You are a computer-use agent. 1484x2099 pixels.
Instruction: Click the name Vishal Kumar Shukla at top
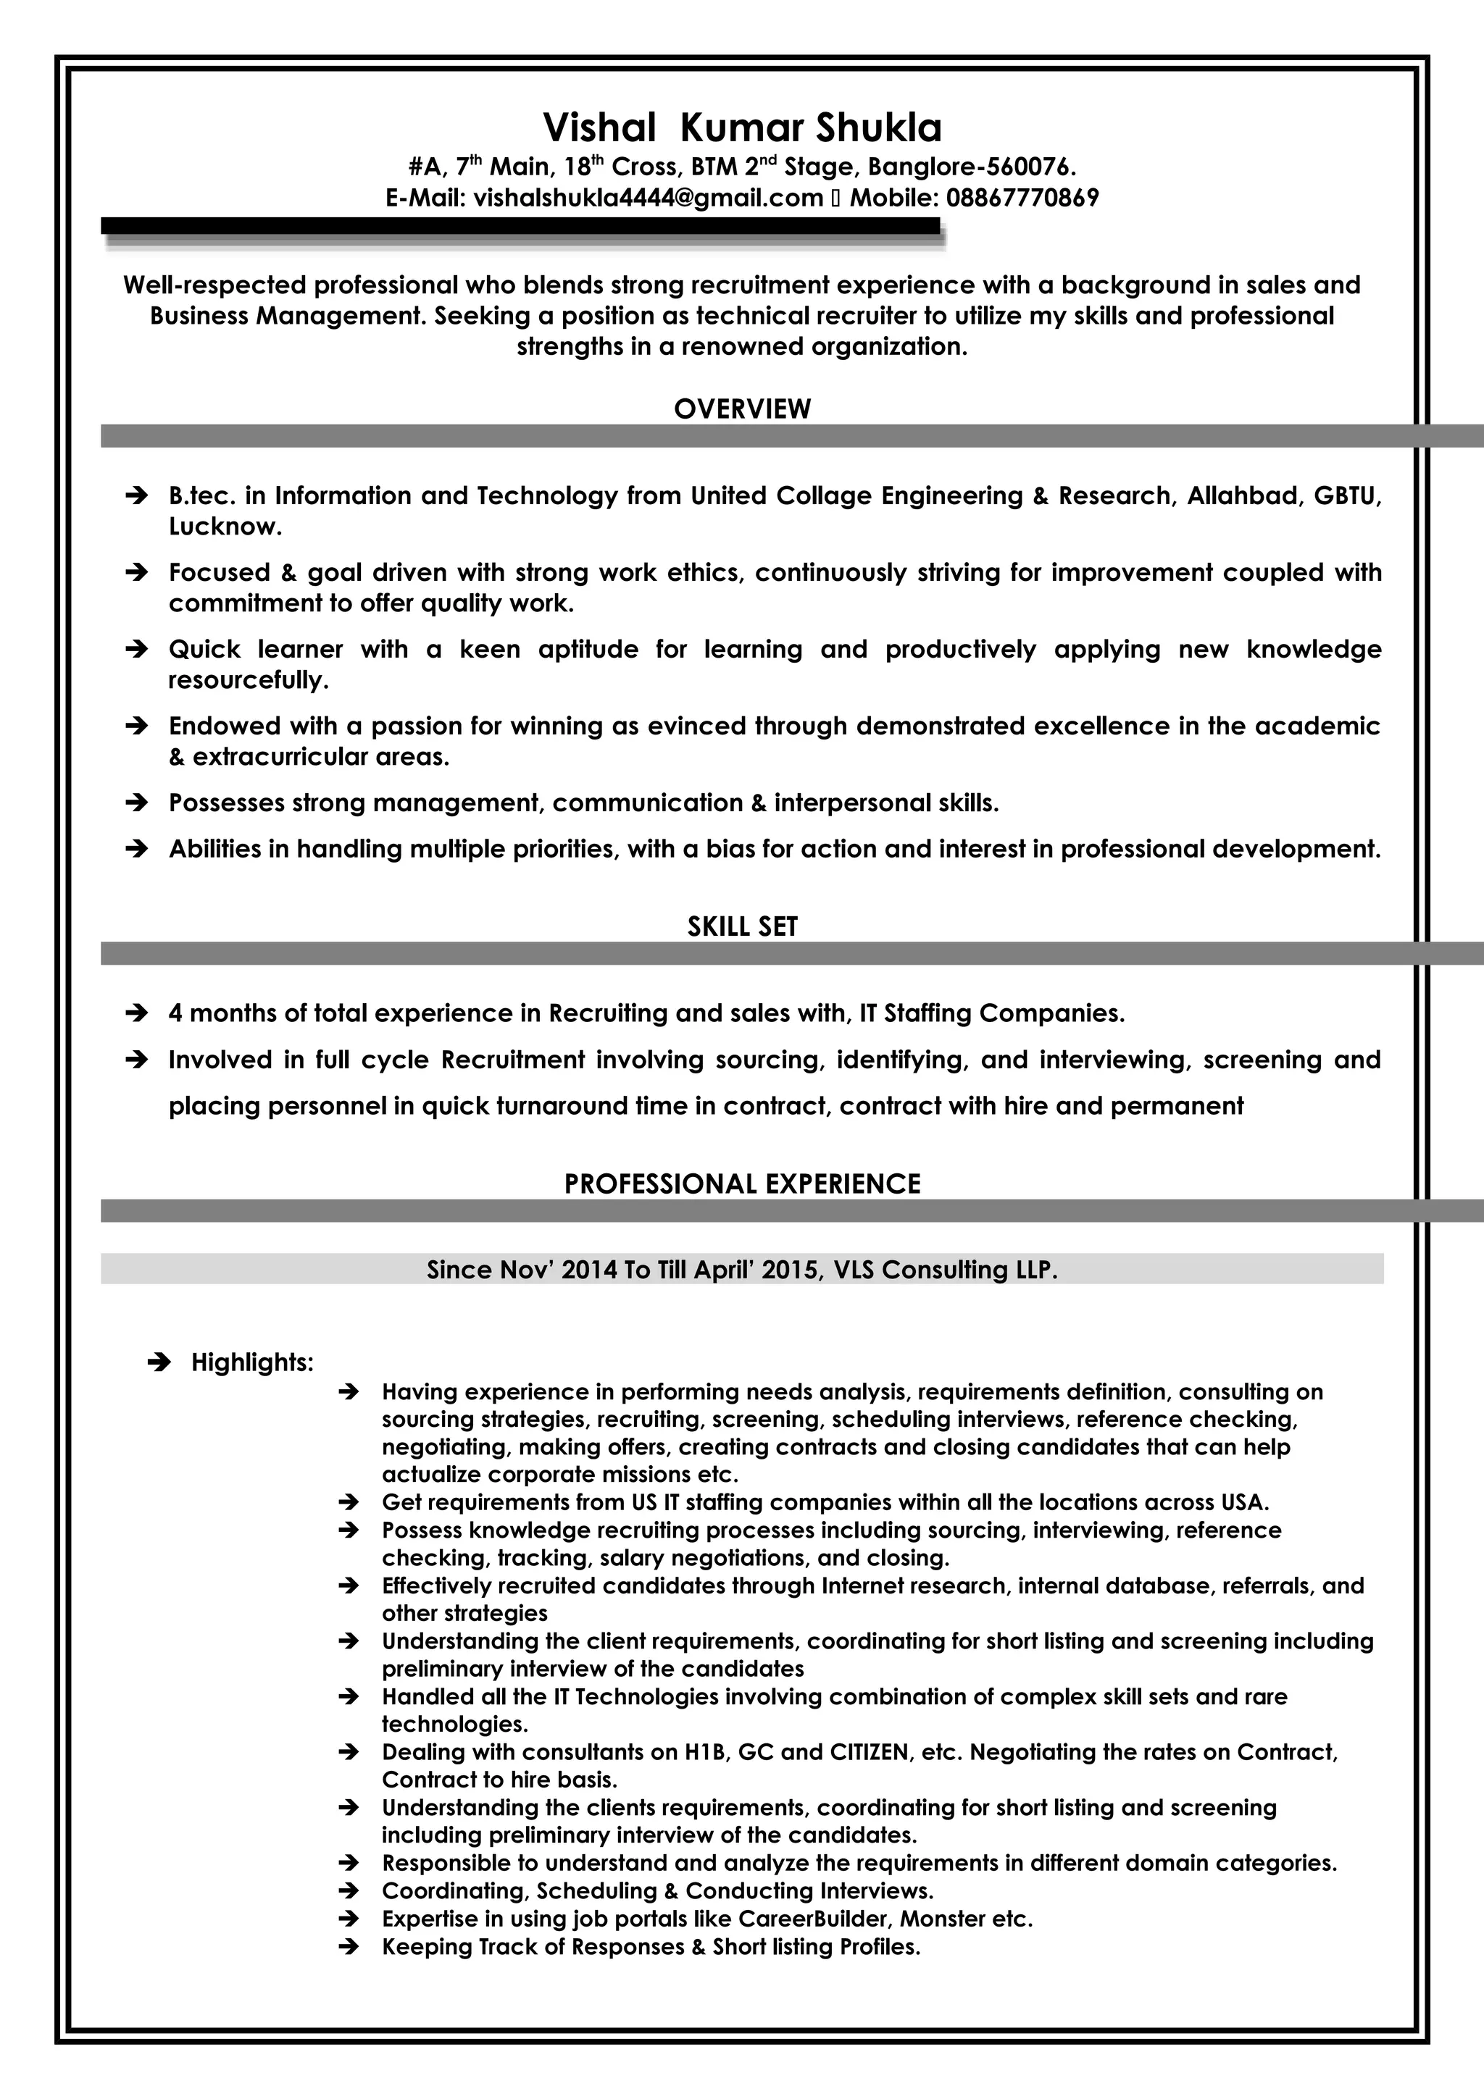tap(741, 128)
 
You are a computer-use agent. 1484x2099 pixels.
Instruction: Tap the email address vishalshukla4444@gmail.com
tap(649, 198)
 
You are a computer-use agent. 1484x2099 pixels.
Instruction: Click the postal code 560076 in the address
tap(1026, 167)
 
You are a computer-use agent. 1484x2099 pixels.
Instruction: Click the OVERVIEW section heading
tap(741, 409)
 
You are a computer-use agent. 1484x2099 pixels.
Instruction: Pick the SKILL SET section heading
tap(741, 926)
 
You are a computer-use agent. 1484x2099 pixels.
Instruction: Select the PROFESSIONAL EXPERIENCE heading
tap(741, 1184)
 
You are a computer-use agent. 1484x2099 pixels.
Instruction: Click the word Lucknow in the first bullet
tap(224, 527)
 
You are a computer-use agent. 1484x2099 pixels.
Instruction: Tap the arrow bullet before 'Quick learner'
tap(136, 650)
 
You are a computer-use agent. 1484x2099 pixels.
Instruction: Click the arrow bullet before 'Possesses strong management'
tap(136, 803)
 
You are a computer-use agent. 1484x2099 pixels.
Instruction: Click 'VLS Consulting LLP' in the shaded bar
tap(946, 1270)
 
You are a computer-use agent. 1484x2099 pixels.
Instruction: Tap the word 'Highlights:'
tap(252, 1363)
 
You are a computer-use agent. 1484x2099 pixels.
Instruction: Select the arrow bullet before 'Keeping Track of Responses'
tap(348, 1947)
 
